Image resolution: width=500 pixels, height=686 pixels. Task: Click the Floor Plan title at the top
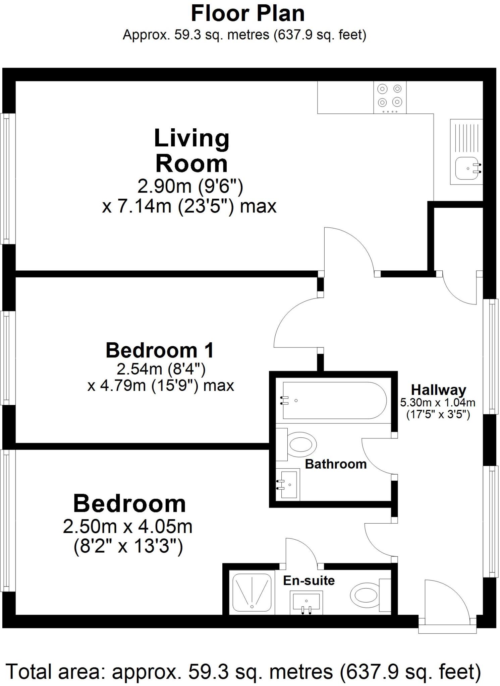click(x=247, y=14)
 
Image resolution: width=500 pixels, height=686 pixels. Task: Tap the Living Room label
click(x=191, y=151)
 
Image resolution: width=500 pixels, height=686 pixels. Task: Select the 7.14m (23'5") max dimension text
click(x=189, y=206)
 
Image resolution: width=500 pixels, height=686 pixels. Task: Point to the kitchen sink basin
click(x=466, y=168)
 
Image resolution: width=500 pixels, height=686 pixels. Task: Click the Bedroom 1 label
click(x=160, y=350)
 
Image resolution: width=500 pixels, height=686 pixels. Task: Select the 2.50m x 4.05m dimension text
click(x=128, y=527)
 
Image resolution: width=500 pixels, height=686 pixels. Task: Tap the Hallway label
click(x=439, y=390)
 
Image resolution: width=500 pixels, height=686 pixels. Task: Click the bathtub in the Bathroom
click(x=334, y=400)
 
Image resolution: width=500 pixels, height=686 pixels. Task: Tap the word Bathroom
click(x=336, y=464)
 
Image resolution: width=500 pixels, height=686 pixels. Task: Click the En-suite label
click(x=309, y=580)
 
